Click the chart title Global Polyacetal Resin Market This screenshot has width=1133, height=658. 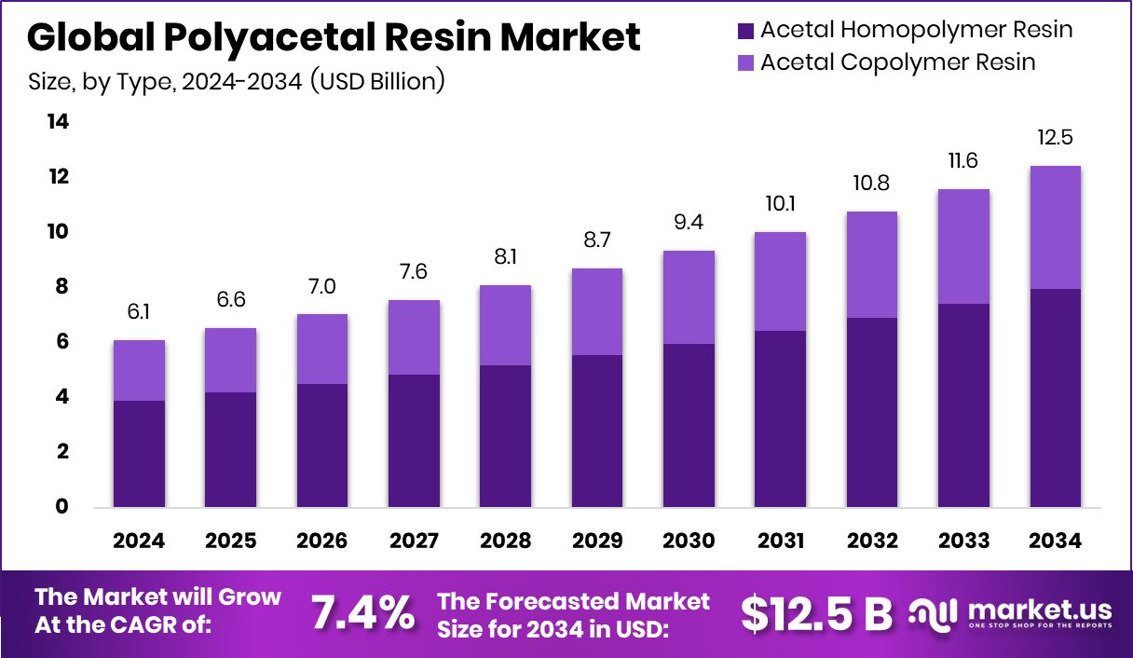pyautogui.click(x=334, y=37)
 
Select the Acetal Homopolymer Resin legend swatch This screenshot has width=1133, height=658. pyautogui.click(x=745, y=30)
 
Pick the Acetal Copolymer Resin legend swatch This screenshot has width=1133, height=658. pyautogui.click(x=745, y=62)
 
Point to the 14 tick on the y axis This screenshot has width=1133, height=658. pyautogui.click(x=58, y=122)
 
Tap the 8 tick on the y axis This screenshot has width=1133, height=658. pyautogui.click(x=62, y=287)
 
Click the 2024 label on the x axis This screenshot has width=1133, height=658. pyautogui.click(x=139, y=541)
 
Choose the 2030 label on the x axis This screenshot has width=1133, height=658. pyautogui.click(x=689, y=541)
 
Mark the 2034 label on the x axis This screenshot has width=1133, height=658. pyautogui.click(x=1055, y=541)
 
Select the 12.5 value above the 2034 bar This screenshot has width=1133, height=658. pyautogui.click(x=1055, y=138)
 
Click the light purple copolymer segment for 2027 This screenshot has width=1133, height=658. pyautogui.click(x=414, y=337)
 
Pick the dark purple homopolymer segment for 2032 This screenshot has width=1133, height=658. pyautogui.click(x=872, y=412)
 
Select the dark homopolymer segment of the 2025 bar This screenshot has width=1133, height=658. pyautogui.click(x=230, y=449)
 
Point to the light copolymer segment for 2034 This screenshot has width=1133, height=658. pyautogui.click(x=1055, y=227)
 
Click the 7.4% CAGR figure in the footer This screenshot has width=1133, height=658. pyautogui.click(x=362, y=612)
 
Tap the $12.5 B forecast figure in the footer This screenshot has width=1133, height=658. pyautogui.click(x=816, y=612)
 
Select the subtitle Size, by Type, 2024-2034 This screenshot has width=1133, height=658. pyautogui.click(x=237, y=82)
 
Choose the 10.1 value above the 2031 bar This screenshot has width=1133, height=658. pyautogui.click(x=780, y=202)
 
